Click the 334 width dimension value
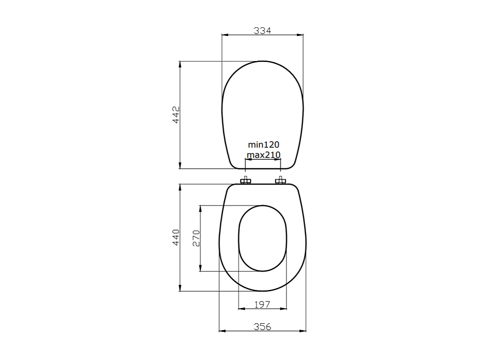(x=262, y=30)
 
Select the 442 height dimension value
(x=176, y=114)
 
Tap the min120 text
(x=263, y=145)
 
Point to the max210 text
(x=263, y=155)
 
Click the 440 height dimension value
(x=176, y=237)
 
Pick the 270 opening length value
(x=196, y=238)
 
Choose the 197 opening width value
(x=262, y=304)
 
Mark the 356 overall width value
(x=262, y=327)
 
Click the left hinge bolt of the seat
(x=245, y=181)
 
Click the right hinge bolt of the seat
(x=280, y=181)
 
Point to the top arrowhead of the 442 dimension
(x=180, y=64)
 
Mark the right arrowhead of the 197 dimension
(x=284, y=308)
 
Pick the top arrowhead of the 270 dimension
(x=200, y=208)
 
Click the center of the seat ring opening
(x=262, y=238)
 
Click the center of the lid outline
(x=262, y=114)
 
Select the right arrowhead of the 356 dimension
(x=303, y=331)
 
